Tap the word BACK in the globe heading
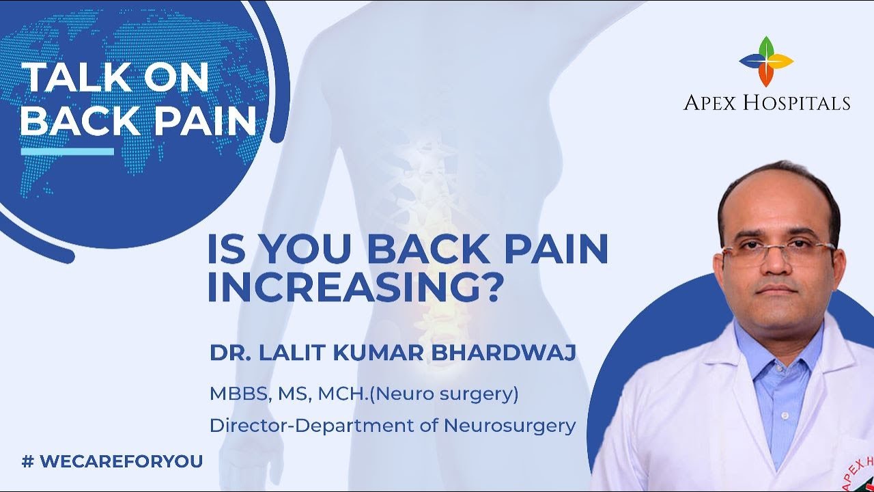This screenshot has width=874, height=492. coord(73,121)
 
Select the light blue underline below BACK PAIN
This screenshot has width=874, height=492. coord(67,151)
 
